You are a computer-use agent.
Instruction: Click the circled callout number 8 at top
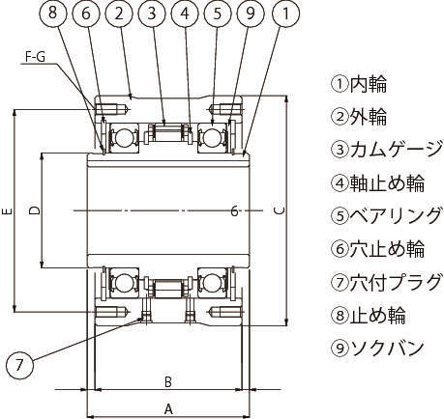point(53,14)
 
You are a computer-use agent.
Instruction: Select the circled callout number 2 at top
point(119,14)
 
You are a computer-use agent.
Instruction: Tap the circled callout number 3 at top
point(152,14)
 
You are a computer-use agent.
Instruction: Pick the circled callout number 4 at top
point(185,14)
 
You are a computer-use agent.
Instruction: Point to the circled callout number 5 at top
point(218,14)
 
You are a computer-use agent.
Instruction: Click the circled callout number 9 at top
point(251,14)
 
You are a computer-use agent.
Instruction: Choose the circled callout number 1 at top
point(285,14)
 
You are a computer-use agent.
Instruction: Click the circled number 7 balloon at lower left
point(19,366)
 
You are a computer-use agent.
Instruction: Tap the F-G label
point(35,57)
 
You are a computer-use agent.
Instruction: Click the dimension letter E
point(9,211)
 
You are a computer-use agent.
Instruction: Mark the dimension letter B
point(168,382)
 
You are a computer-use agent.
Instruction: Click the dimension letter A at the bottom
point(168,410)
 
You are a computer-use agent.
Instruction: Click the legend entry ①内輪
point(359,84)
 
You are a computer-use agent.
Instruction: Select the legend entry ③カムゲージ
point(386,150)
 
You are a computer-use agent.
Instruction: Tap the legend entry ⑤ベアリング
point(386,215)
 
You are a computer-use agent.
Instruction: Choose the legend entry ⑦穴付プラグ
point(386,282)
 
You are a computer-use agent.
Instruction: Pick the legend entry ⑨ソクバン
point(377,348)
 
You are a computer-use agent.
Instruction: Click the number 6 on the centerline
point(235,211)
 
